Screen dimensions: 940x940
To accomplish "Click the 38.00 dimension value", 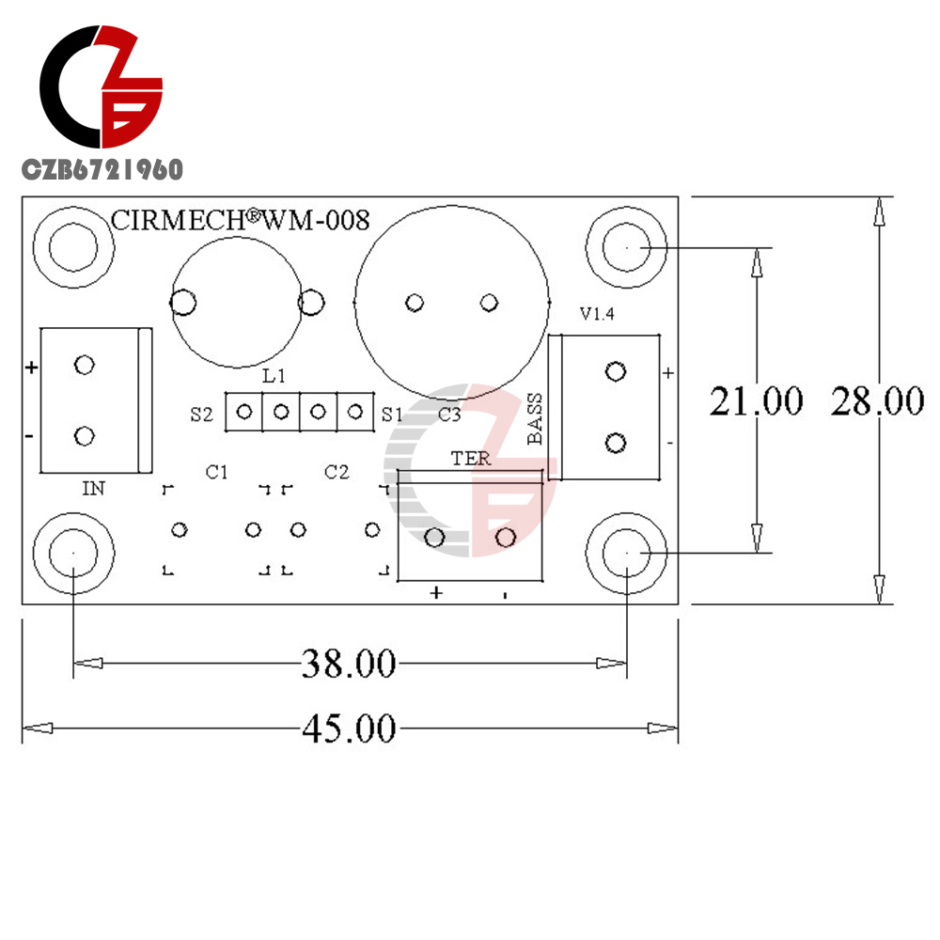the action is click(349, 664).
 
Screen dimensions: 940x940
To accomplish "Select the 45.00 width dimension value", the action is click(349, 729).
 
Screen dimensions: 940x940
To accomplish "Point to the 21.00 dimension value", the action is click(757, 401).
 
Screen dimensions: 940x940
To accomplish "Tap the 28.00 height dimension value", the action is click(878, 401).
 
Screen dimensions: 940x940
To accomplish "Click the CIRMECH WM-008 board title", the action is click(240, 220).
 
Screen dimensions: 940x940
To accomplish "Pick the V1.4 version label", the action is click(597, 314).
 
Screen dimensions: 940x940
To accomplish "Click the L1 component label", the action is click(274, 376).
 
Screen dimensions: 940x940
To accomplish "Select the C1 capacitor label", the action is click(216, 473).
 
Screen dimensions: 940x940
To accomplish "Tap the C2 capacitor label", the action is click(337, 473).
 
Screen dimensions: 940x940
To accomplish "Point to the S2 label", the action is click(201, 415).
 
